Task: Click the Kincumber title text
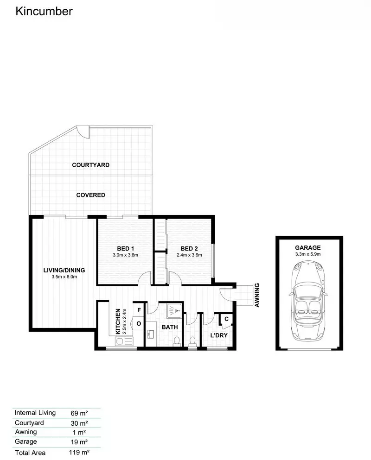click(44, 12)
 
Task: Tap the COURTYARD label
click(91, 165)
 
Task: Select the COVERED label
click(91, 195)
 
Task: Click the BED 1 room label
click(125, 248)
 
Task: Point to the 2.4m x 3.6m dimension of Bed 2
click(189, 255)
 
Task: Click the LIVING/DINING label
click(64, 270)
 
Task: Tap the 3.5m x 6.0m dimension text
click(64, 277)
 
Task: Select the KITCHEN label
click(118, 321)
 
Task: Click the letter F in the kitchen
click(139, 310)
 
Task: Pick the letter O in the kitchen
click(139, 324)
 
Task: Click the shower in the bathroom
click(174, 311)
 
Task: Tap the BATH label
click(170, 327)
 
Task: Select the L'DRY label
click(219, 335)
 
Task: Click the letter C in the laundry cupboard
click(226, 319)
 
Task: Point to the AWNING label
click(257, 295)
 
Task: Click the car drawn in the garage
click(308, 301)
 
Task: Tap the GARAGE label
click(308, 247)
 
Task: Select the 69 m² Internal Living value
click(79, 413)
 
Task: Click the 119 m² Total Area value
click(79, 452)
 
